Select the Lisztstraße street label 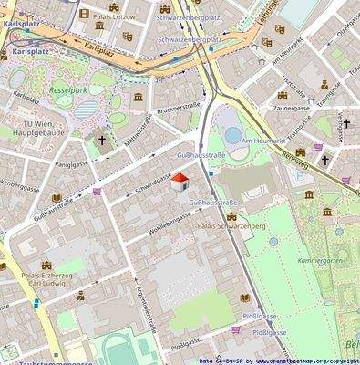point(293,85)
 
